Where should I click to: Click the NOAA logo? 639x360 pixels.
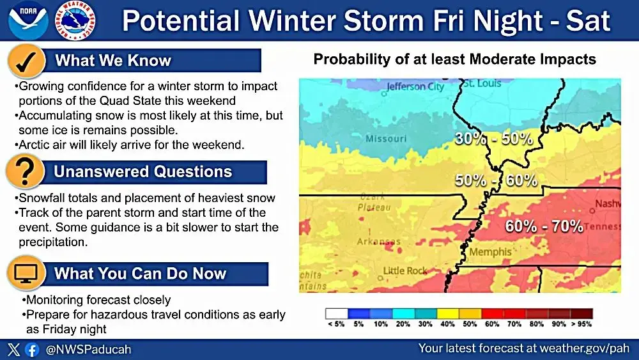coord(28,20)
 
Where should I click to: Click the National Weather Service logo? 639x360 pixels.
coord(76,20)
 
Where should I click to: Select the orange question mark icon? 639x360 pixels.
coord(26,171)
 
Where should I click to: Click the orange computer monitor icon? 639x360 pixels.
coord(26,274)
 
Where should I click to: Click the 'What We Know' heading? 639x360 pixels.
coord(113,61)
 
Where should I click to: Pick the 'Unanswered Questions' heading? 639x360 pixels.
coord(142,171)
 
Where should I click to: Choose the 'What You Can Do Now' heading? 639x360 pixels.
coord(140,274)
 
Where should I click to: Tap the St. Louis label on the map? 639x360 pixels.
coord(482,84)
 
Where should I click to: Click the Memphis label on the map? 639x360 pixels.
coord(490,252)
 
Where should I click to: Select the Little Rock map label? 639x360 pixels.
coord(405,271)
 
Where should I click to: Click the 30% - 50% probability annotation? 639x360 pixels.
coord(493,138)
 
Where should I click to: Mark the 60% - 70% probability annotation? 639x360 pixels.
coord(544,226)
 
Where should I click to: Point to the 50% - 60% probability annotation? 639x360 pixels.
coord(496,180)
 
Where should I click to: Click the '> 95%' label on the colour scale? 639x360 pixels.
coord(581,325)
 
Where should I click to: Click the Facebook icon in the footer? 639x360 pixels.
coord(31,350)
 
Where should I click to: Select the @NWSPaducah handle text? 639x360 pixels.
coord(89,350)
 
